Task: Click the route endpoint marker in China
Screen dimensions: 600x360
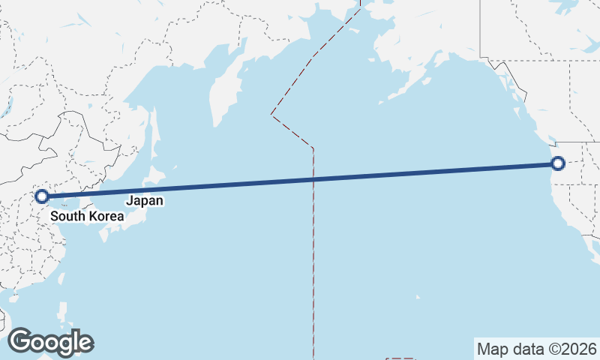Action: (x=42, y=196)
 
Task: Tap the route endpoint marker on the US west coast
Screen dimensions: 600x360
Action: (x=557, y=163)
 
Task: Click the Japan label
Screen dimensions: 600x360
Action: (x=144, y=201)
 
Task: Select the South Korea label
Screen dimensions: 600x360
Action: (x=87, y=217)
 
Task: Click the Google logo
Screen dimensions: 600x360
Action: (x=50, y=341)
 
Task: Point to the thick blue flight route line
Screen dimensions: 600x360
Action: (x=300, y=180)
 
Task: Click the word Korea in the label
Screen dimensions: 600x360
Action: (x=106, y=217)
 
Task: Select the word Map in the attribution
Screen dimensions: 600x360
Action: (x=491, y=349)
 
